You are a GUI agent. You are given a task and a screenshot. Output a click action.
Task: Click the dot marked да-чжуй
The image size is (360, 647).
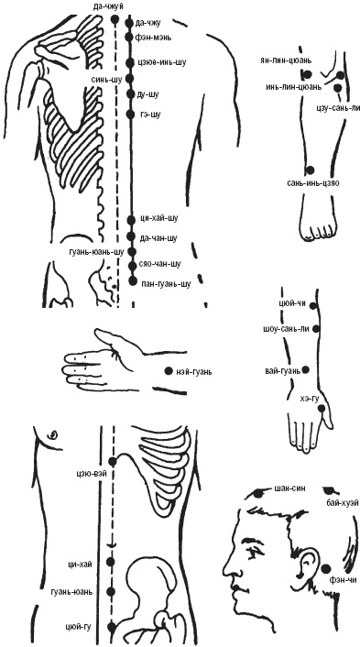(x=115, y=19)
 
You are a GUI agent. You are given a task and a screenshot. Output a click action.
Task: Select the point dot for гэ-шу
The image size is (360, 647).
(x=130, y=115)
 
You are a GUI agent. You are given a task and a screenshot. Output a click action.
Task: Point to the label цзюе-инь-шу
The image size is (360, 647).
(x=161, y=62)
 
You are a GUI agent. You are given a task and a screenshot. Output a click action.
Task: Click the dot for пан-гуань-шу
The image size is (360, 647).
(x=133, y=281)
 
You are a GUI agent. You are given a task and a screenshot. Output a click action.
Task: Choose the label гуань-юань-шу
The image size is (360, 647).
(x=96, y=252)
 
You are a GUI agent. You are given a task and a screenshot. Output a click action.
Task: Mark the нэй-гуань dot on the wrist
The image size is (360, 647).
(x=168, y=371)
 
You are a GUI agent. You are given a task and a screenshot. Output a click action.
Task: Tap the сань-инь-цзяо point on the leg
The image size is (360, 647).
(x=311, y=170)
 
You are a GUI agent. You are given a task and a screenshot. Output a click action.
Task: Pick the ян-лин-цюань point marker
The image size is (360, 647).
(x=307, y=75)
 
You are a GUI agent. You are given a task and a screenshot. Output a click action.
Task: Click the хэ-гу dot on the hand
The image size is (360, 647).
(x=322, y=408)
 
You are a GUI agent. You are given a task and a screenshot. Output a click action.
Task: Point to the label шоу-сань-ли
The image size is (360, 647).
(x=286, y=329)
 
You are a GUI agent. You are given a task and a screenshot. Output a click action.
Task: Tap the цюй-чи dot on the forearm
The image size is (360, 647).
(x=312, y=306)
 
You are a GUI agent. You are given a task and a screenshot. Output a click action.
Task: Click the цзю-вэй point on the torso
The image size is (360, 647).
(x=112, y=461)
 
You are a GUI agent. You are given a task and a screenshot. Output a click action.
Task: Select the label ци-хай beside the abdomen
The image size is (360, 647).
(x=89, y=562)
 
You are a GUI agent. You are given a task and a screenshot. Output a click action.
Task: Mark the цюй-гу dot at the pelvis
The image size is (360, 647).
(x=111, y=628)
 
